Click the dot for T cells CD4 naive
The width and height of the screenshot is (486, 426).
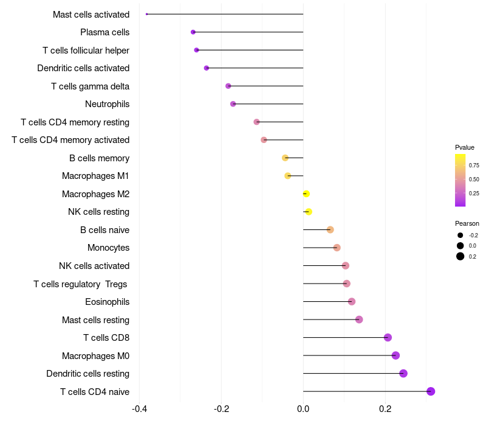tap(431, 391)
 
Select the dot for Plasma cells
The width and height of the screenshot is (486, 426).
tap(193, 32)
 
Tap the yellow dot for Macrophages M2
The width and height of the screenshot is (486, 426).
tap(306, 194)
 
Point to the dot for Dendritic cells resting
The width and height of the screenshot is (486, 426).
tap(403, 374)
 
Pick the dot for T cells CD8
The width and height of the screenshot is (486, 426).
tap(388, 338)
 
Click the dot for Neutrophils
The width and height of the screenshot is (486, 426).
tap(233, 104)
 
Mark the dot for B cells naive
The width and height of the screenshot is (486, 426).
tap(330, 229)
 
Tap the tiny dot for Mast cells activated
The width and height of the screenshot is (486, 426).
tap(147, 14)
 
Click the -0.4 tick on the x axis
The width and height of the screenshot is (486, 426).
tap(139, 409)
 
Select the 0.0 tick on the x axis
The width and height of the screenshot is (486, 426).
tap(303, 409)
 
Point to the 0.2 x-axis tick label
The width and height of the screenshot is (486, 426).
tap(385, 409)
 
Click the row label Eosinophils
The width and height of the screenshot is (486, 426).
tap(107, 302)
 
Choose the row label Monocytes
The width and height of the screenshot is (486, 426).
tap(108, 248)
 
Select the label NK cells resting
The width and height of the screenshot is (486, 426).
tap(98, 212)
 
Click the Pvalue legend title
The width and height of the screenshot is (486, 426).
tap(465, 147)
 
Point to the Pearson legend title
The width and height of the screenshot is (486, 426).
tap(467, 223)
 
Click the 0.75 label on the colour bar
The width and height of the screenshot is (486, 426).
tap(474, 166)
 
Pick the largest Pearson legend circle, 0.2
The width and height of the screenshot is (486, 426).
tap(460, 256)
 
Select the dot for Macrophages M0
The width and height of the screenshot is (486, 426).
tap(395, 355)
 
